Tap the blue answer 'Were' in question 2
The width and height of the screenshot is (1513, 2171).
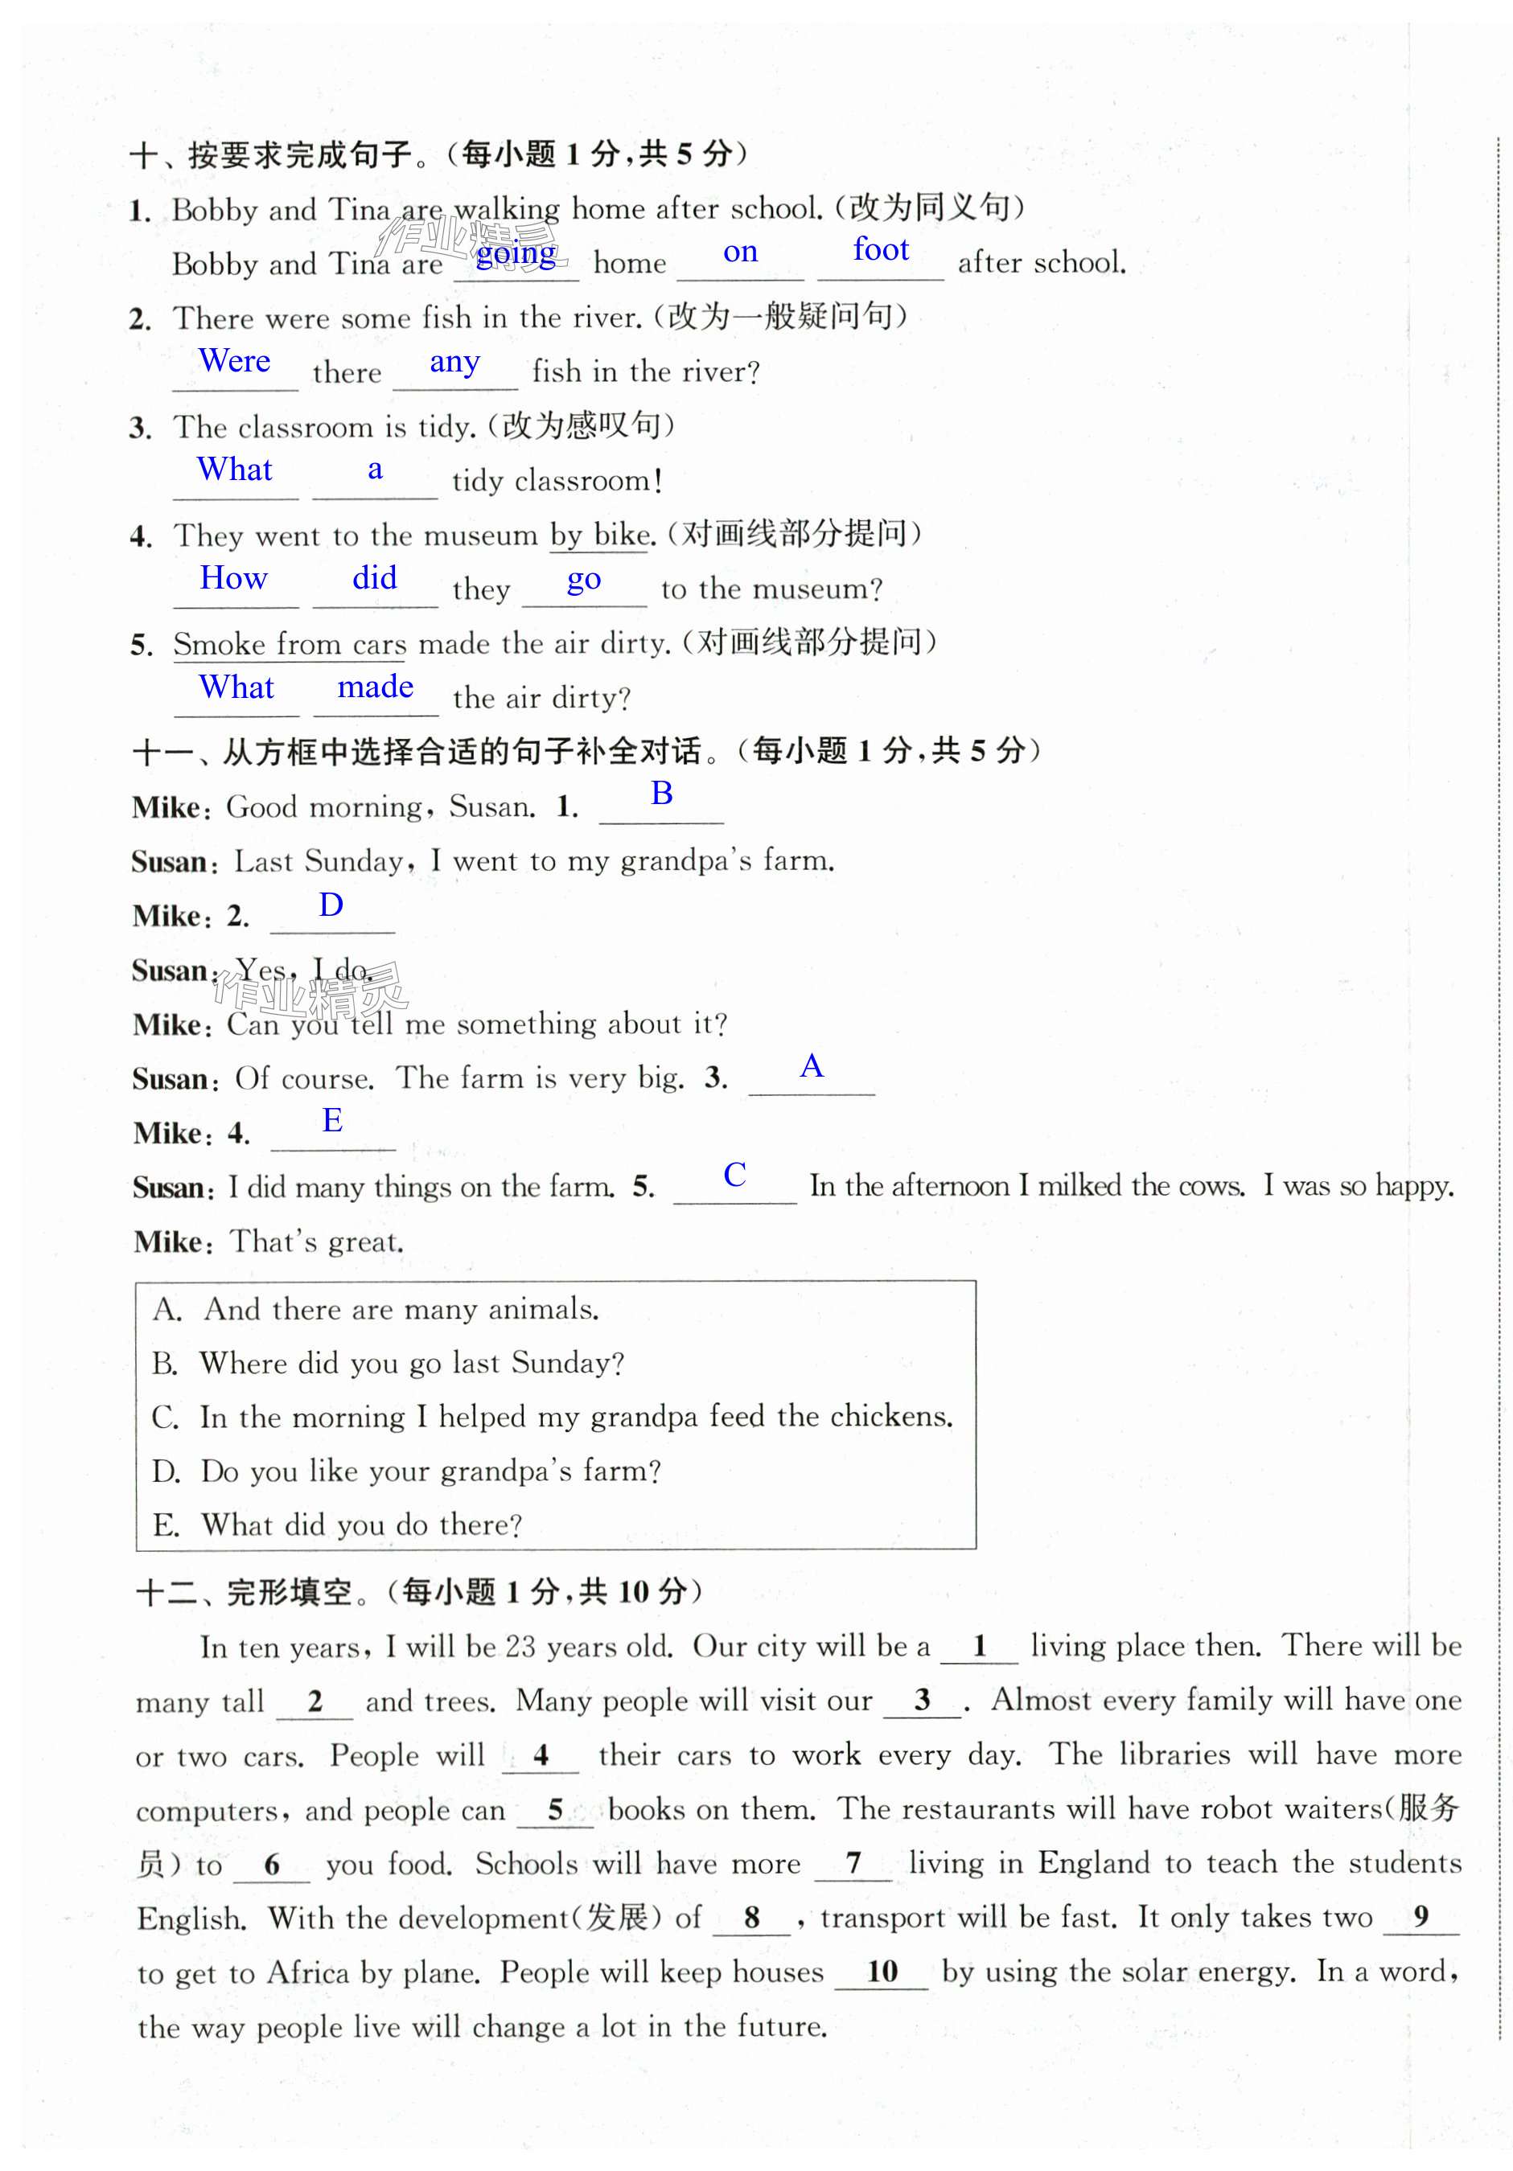point(235,360)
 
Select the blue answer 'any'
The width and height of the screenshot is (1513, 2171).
point(454,361)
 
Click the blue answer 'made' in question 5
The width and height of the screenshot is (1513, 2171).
point(376,687)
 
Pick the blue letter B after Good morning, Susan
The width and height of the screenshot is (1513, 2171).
point(661,794)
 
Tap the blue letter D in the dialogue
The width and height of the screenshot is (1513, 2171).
point(331,905)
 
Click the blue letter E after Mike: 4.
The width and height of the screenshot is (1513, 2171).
point(332,1121)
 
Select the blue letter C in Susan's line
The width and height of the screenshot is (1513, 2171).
point(734,1175)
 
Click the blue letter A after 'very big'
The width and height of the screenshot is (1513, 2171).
point(812,1066)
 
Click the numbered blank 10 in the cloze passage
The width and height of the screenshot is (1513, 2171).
point(882,1972)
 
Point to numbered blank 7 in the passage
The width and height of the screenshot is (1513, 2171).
point(853,1863)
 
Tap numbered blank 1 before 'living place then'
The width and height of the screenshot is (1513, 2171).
point(980,1646)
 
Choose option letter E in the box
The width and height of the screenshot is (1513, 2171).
point(166,1525)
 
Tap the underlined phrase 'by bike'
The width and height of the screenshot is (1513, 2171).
point(599,536)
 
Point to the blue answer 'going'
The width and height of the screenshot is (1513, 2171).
point(516,252)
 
